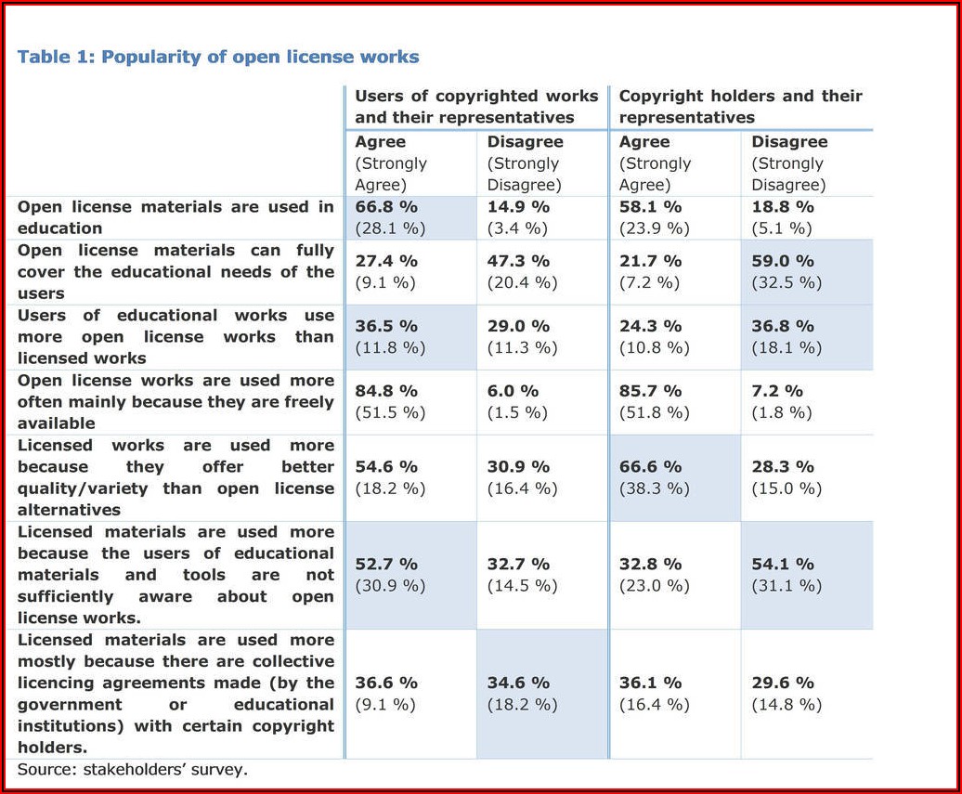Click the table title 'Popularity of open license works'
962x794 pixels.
click(218, 57)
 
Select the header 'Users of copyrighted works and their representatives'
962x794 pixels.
click(476, 107)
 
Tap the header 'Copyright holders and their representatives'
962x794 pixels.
click(740, 107)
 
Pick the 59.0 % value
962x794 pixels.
click(783, 261)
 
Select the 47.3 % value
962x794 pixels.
click(519, 261)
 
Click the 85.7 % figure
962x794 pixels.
click(651, 391)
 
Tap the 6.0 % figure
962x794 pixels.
click(513, 391)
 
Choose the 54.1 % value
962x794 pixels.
click(783, 564)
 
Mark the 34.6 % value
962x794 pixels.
click(519, 683)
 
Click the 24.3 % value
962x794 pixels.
click(651, 326)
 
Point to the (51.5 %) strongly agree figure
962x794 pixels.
click(390, 412)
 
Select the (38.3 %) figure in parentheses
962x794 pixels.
click(655, 488)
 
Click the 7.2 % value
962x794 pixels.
click(777, 391)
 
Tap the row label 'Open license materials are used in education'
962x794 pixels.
click(175, 217)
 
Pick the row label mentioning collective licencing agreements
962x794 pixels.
click(175, 694)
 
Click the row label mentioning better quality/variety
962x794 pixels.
click(175, 477)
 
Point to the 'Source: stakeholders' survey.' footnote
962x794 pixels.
click(133, 769)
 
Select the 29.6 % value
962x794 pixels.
click(783, 683)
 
